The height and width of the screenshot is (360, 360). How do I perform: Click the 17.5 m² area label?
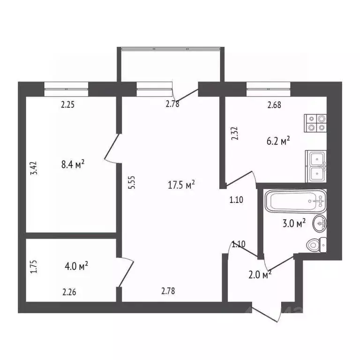coord(181,186)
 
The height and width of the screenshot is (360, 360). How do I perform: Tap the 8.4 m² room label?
coord(73,164)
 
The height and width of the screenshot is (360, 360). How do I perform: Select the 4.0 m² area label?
coord(77,266)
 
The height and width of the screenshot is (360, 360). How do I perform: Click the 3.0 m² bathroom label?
coord(294,223)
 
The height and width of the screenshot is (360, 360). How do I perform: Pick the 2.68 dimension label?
coord(274,105)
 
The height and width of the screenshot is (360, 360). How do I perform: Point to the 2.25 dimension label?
coord(68,105)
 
